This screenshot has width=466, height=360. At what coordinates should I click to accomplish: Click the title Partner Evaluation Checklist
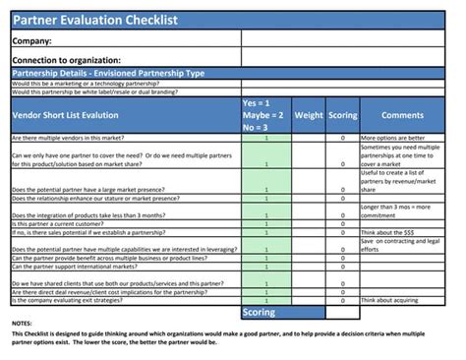point(94,19)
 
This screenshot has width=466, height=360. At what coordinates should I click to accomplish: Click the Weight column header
point(309,115)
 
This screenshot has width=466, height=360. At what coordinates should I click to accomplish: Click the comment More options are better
point(393,138)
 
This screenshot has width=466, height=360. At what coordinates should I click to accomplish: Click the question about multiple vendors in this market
point(75,138)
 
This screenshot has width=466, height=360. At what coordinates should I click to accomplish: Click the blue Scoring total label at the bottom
point(260,313)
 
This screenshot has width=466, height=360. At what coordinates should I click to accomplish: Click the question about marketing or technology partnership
point(87,83)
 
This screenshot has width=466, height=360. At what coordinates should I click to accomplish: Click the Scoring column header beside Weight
point(342,115)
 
